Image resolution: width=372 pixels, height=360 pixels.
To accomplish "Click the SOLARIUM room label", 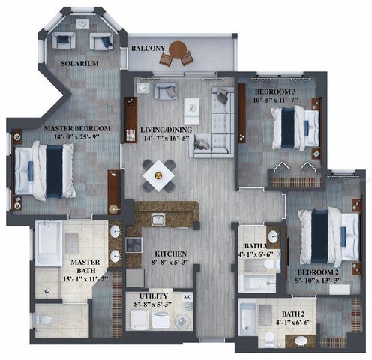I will click(79, 64).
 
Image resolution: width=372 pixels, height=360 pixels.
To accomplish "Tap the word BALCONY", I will click(148, 49).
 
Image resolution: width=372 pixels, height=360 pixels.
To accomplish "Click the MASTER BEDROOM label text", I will click(77, 129).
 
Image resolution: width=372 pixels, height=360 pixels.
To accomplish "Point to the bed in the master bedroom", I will click(43, 170).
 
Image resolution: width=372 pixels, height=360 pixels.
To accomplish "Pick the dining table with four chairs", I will click(159, 175).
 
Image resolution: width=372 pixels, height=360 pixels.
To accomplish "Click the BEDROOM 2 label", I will click(319, 272).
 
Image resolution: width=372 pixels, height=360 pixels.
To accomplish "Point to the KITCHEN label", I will click(170, 254).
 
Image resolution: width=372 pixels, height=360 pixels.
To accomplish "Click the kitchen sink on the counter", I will click(157, 220).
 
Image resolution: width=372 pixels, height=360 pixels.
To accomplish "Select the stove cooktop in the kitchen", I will click(133, 244).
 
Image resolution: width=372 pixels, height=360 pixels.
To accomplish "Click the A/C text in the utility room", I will click(187, 295).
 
